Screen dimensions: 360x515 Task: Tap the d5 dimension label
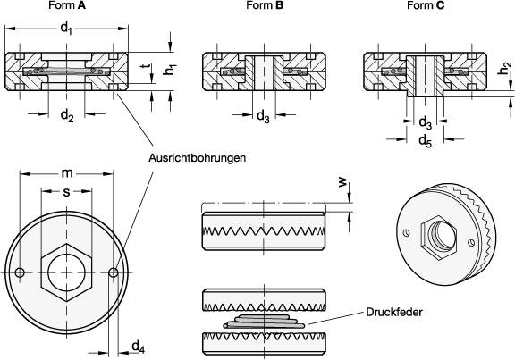coord(426,139)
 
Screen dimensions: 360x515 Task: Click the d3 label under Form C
coord(426,121)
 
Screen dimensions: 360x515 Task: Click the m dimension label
coord(66,173)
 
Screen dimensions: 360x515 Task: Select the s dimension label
coord(66,192)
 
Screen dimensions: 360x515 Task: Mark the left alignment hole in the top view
coord(20,272)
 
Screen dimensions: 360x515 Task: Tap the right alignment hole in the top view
coord(113,272)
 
